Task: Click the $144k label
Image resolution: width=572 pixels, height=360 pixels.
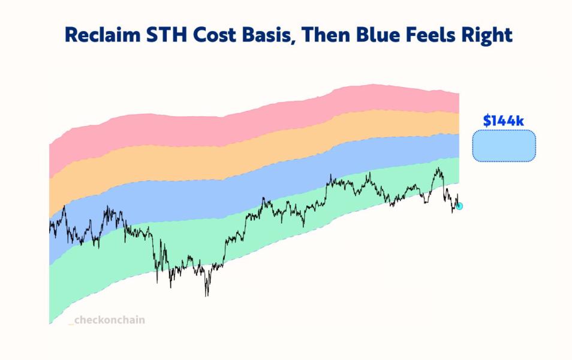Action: (x=504, y=121)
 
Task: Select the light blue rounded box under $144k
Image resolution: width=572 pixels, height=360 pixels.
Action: (x=504, y=146)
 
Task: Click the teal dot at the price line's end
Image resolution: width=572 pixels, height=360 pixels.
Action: (x=459, y=206)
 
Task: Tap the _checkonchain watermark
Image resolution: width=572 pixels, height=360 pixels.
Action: (x=107, y=320)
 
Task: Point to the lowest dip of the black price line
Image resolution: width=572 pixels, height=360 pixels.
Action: (x=207, y=295)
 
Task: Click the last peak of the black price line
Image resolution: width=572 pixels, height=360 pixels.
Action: (x=439, y=169)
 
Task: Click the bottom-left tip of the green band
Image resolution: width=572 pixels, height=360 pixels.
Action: (x=49, y=323)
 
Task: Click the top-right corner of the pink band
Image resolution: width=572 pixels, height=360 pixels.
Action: (x=459, y=94)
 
